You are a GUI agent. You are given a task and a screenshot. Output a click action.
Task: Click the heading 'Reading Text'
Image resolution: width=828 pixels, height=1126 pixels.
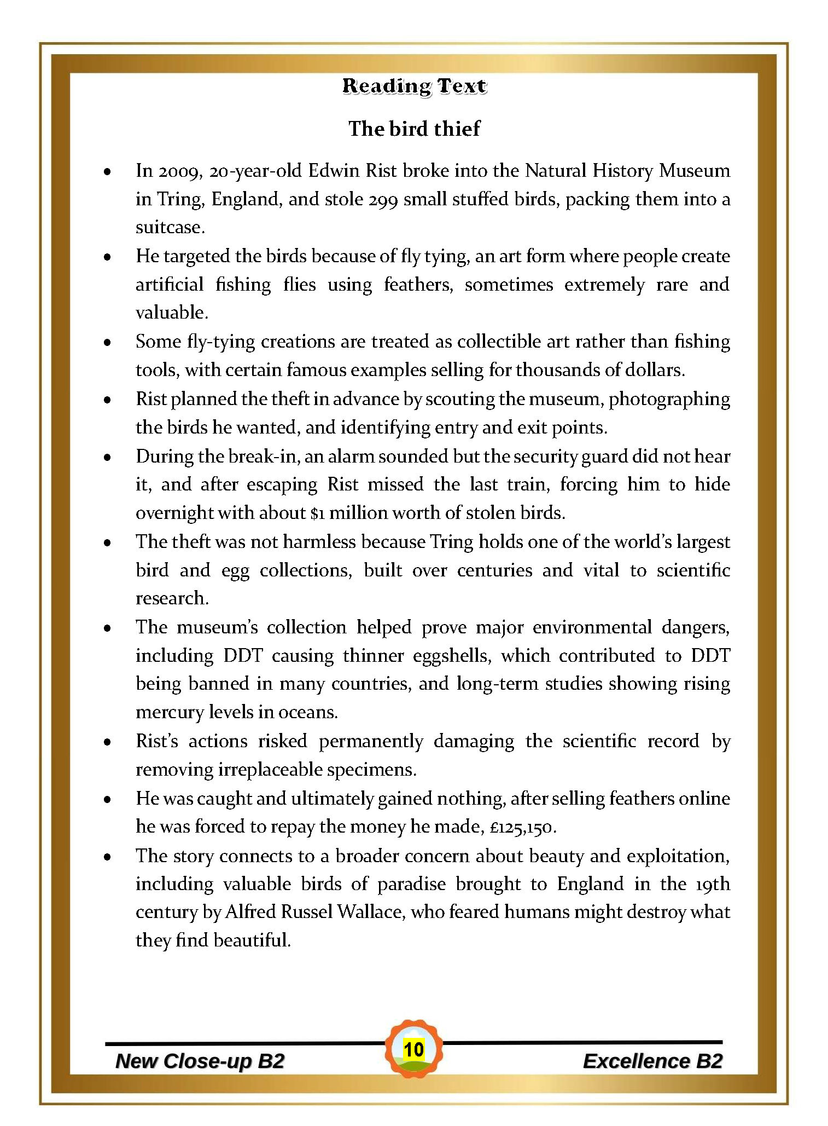(x=414, y=86)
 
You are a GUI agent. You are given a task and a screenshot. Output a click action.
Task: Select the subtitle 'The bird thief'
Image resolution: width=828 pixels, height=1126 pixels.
(x=414, y=129)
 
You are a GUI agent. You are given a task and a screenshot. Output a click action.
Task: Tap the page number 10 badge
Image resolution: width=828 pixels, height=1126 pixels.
(x=414, y=1049)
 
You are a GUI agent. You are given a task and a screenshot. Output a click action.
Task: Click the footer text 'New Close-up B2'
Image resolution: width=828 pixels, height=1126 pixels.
(x=200, y=1061)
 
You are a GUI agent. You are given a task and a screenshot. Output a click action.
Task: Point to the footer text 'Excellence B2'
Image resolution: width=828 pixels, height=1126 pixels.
(x=652, y=1061)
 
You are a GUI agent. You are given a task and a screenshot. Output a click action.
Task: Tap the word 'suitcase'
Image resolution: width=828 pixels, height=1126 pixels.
(x=169, y=227)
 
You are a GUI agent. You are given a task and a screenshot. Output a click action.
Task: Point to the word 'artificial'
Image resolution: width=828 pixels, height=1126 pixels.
(x=170, y=285)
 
